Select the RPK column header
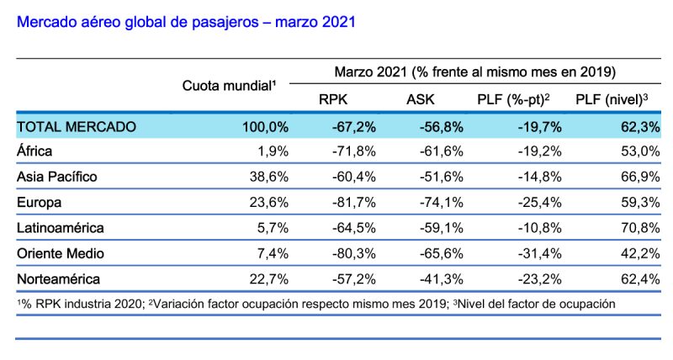[333, 100]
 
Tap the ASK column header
[420, 100]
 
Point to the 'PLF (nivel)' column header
[611, 100]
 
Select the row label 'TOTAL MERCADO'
[76, 127]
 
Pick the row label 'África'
[34, 152]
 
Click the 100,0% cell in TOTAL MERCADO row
[265, 127]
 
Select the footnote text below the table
[315, 303]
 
